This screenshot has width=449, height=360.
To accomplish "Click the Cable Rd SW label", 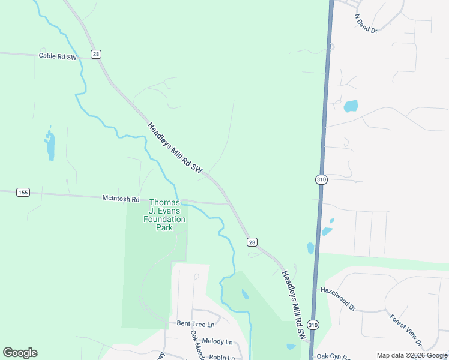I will (x=58, y=56).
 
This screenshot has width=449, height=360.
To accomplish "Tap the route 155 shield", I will (x=23, y=192).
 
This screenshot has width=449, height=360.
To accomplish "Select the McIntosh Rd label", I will (x=121, y=199).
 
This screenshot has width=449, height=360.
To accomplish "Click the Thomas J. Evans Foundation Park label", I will (x=164, y=215).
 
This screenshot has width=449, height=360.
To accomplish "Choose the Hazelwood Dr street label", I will (x=338, y=298).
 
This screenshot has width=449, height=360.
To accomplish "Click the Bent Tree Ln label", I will (x=196, y=324).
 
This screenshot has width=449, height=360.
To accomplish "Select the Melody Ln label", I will (x=217, y=341).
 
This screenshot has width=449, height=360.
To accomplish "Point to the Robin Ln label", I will (x=221, y=356).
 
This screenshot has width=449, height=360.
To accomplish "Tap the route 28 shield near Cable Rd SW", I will (x=96, y=54).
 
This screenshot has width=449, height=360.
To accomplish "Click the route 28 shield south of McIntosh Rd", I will (x=252, y=242).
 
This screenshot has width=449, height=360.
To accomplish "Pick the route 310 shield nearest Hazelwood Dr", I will (x=313, y=325).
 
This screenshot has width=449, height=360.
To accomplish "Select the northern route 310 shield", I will (x=321, y=179).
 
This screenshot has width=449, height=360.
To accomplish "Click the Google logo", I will (x=20, y=353).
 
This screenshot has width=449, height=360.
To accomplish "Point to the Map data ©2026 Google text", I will (x=412, y=355).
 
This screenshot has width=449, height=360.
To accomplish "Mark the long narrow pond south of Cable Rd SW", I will (x=50, y=145).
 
